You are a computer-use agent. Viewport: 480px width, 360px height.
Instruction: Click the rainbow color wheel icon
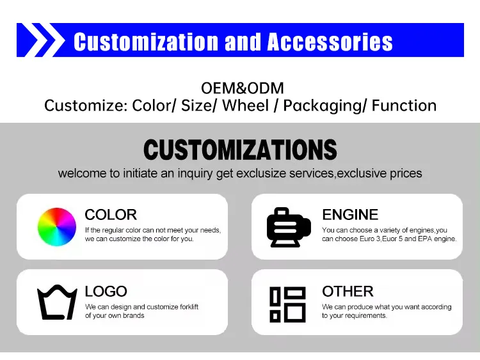pos(57,227)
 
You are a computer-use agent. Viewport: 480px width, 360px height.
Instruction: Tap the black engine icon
pos(288,227)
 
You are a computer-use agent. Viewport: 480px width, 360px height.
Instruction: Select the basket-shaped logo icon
pos(57,302)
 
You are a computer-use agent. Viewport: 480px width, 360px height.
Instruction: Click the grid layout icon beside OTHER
pos(287,304)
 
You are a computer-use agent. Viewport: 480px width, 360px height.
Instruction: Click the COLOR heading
pos(111,215)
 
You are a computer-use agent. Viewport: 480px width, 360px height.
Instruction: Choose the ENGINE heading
pos(350,215)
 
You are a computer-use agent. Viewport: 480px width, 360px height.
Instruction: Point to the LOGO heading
pos(106,292)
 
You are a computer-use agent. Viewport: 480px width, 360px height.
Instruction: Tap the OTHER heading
pos(348,292)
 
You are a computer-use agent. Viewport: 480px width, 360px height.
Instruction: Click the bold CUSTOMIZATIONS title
pos(240,150)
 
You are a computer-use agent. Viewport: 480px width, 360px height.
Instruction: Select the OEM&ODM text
pos(242,88)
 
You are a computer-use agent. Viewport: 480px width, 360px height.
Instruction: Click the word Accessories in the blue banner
pos(330,42)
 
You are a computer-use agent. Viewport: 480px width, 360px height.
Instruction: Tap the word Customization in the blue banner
pos(146,42)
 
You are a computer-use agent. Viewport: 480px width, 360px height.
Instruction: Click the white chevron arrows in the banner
pos(40,40)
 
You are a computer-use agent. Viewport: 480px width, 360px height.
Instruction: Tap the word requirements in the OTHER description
pos(367,316)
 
